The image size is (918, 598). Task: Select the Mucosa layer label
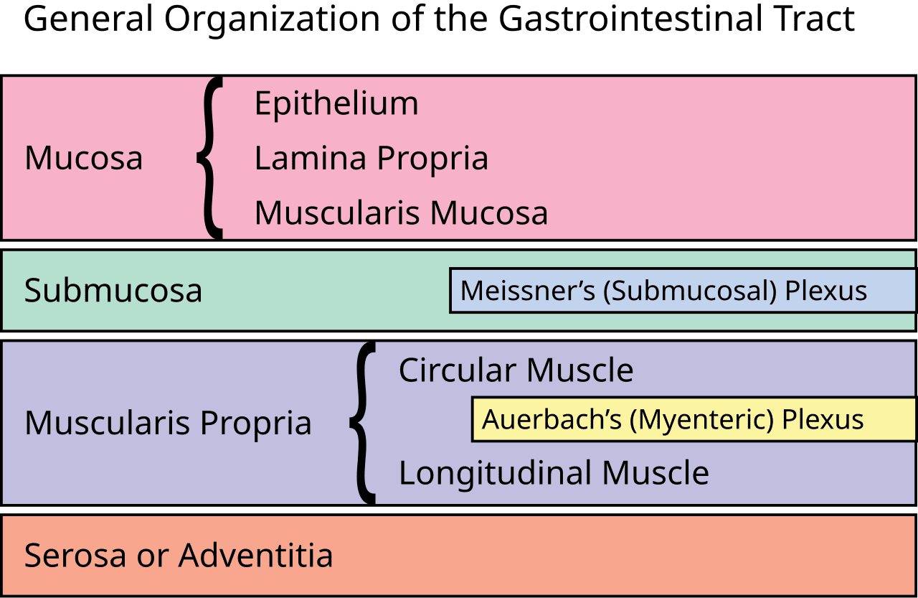click(83, 158)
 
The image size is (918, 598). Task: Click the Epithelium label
click(336, 104)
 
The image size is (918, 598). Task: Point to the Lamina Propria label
click(371, 158)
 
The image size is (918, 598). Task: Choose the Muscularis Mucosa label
click(401, 213)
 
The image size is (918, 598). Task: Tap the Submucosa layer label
click(113, 291)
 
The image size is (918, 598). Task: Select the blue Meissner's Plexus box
click(681, 291)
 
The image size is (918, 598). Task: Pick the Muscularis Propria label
click(168, 423)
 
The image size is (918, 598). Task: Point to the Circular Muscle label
click(516, 370)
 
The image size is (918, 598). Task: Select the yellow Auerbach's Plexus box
click(693, 419)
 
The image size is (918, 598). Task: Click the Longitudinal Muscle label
click(554, 473)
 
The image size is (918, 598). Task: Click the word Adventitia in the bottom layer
click(255, 556)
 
